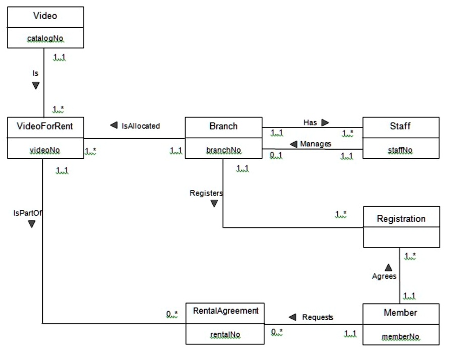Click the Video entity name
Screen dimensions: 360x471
pos(45,16)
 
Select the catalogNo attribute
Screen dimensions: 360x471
pos(45,38)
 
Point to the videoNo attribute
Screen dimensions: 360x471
pos(45,150)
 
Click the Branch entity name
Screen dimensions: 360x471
pos(223,126)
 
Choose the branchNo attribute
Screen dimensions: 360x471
pos(223,150)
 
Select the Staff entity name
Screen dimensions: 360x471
pos(400,126)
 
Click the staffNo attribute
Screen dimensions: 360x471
pos(400,150)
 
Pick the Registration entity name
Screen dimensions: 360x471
pos(401,219)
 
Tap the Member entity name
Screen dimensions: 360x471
pos(400,313)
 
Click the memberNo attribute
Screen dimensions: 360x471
pos(400,336)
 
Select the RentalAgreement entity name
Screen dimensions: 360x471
pos(225,311)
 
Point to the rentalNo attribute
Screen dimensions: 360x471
pos(225,334)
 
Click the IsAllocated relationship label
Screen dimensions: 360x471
pos(141,126)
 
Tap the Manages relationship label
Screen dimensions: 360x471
pos(316,144)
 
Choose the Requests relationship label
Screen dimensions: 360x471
pos(318,317)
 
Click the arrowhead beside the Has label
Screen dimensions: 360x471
pos(325,123)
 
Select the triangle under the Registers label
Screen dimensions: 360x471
pos(214,204)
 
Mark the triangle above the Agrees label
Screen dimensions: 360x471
pos(388,267)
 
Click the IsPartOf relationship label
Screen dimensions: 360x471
pos(27,213)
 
